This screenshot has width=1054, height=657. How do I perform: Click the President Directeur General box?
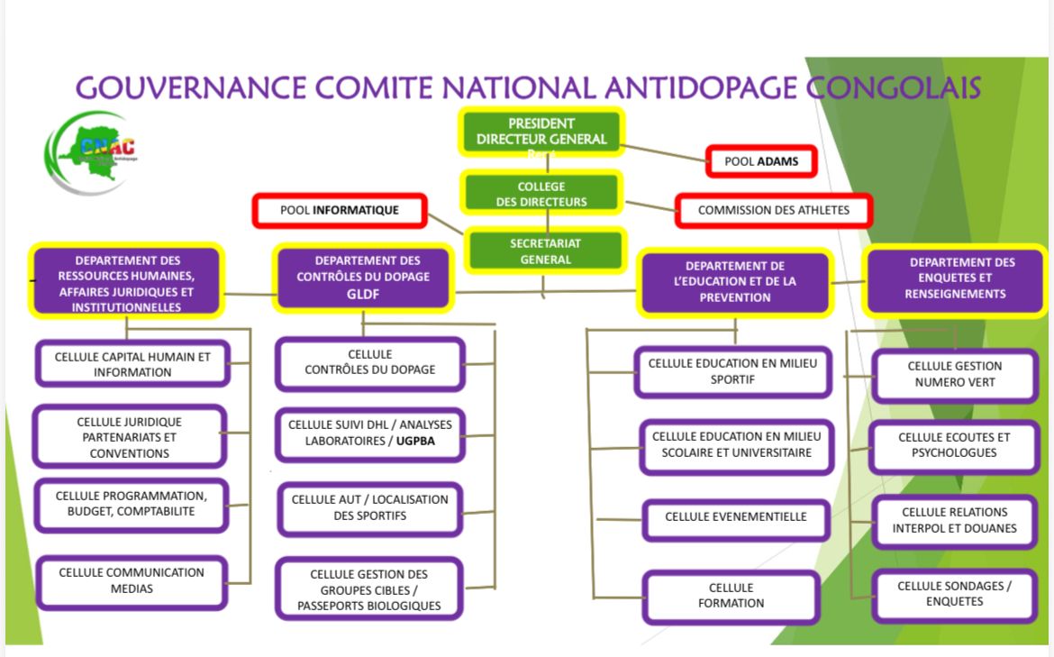[x=541, y=132]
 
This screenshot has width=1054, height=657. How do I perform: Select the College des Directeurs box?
[x=541, y=194]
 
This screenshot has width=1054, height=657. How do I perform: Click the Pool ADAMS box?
[x=760, y=162]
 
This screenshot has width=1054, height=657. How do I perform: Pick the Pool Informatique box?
[x=340, y=211]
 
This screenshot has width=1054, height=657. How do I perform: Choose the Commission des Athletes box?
[x=773, y=210]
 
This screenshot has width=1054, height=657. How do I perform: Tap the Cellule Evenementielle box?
[x=735, y=517]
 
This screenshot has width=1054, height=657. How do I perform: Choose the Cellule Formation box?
[x=731, y=596]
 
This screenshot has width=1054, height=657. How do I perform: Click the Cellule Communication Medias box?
[x=131, y=580]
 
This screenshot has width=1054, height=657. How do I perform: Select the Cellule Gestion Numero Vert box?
[x=954, y=374]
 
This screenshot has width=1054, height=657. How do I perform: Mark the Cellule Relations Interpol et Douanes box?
[x=954, y=520]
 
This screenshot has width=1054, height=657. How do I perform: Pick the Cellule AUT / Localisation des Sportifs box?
[x=369, y=507]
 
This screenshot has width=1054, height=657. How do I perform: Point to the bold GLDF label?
[x=364, y=294]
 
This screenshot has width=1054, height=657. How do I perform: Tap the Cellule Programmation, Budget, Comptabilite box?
[x=131, y=504]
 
